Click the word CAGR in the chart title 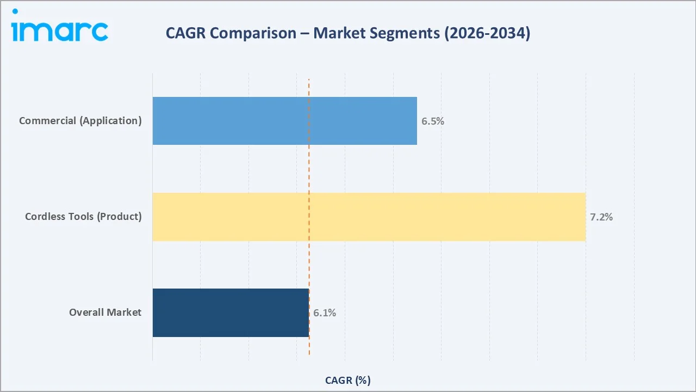coord(186,33)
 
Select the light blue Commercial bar coord(284,121)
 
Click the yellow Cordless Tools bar coord(369,217)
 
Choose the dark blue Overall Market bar coord(231,313)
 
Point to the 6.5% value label coord(433,121)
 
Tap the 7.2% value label coord(601,217)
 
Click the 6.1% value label coord(325,313)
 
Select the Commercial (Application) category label coord(80,121)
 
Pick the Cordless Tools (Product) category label coord(83,217)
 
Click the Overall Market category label coord(105,313)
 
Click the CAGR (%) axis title coord(347,380)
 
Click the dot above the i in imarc coord(15,11)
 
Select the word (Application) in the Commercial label coord(110,121)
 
